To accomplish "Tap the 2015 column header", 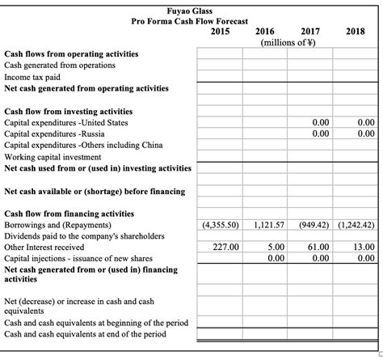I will coord(221,32).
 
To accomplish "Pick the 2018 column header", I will coord(355,32).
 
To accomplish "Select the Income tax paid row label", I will coord(32,76).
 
